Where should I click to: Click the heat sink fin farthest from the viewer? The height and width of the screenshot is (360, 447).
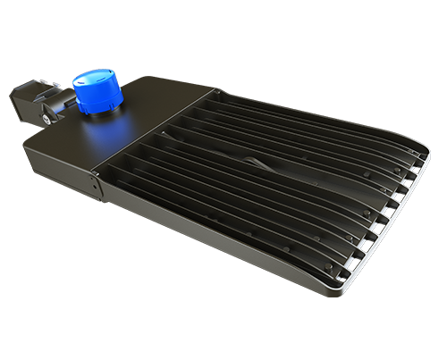click(x=295, y=103)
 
